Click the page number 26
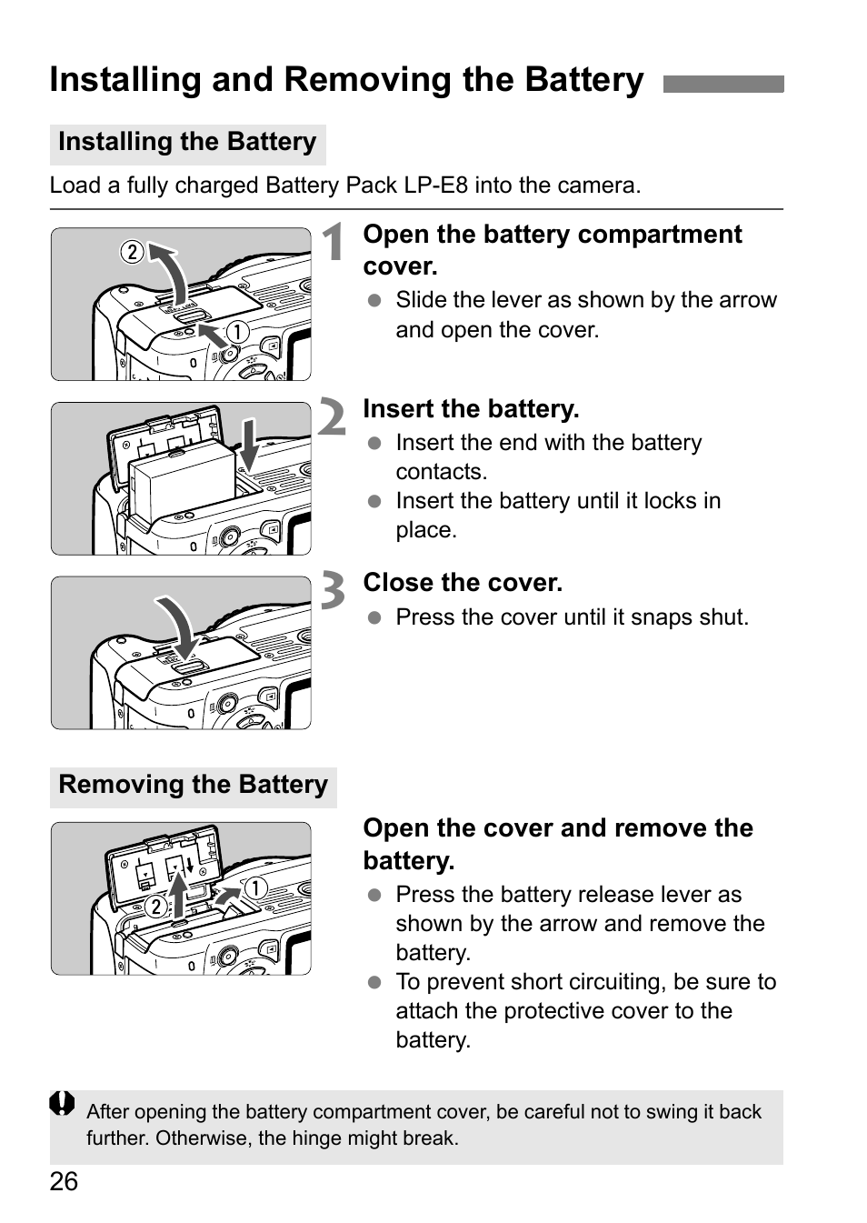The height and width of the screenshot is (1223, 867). pos(64,1181)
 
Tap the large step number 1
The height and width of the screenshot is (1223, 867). pos(334,243)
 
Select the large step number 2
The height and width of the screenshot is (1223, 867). pos(333,418)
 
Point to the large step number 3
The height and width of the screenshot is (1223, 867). pos(333,591)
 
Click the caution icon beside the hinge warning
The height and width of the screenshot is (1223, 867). pos(62,1103)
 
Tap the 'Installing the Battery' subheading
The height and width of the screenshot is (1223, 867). pos(187,143)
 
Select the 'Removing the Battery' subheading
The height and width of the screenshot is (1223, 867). pos(193,785)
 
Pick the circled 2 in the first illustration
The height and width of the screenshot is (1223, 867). pos(133,252)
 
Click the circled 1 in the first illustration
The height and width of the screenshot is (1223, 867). pos(237,332)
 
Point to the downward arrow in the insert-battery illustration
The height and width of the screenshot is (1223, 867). pos(248,444)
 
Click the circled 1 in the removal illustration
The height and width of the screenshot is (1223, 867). pos(255,887)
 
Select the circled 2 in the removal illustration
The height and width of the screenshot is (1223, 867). pos(155,907)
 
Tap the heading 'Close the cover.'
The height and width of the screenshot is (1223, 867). pos(463,583)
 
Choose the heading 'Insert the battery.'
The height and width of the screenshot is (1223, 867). pos(471,409)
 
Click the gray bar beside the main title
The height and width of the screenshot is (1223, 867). pos(722,85)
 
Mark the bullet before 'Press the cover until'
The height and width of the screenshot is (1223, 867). pos(374,617)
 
